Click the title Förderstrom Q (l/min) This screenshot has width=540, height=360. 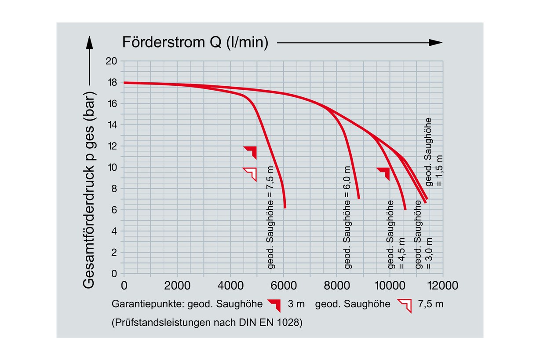coord(195,42)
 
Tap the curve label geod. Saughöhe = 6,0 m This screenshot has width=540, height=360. coord(347,217)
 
